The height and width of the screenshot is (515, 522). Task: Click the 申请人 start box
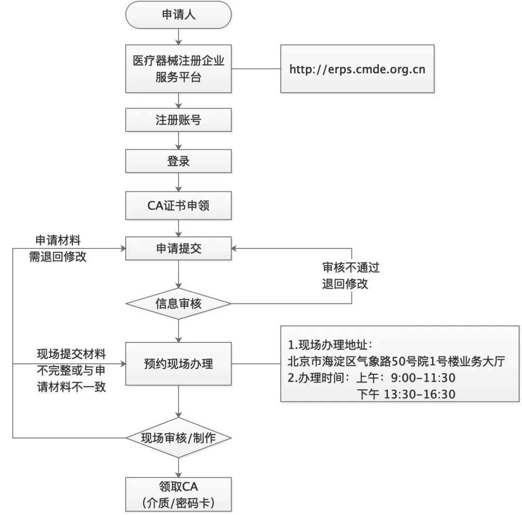click(x=178, y=15)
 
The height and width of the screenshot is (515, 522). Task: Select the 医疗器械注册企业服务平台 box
click(x=178, y=69)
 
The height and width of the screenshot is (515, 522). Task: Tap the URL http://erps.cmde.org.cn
click(x=357, y=69)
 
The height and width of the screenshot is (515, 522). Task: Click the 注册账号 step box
click(x=178, y=120)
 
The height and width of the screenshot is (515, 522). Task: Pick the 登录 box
click(x=178, y=161)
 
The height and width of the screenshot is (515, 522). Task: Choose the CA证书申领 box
click(x=178, y=205)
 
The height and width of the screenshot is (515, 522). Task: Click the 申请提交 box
click(x=178, y=248)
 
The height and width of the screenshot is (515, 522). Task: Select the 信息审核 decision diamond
click(x=178, y=304)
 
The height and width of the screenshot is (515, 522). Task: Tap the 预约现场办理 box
click(x=178, y=363)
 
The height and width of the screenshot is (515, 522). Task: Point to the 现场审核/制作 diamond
click(x=178, y=438)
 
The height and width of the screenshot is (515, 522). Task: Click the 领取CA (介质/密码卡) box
click(x=178, y=495)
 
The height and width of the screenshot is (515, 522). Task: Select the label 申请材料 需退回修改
click(x=58, y=248)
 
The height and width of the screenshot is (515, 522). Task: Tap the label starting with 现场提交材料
click(x=71, y=371)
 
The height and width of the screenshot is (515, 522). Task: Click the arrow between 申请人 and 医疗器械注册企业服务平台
click(x=178, y=36)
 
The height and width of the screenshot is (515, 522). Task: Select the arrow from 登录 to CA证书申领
click(x=178, y=182)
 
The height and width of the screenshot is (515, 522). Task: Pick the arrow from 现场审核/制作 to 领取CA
click(x=178, y=467)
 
